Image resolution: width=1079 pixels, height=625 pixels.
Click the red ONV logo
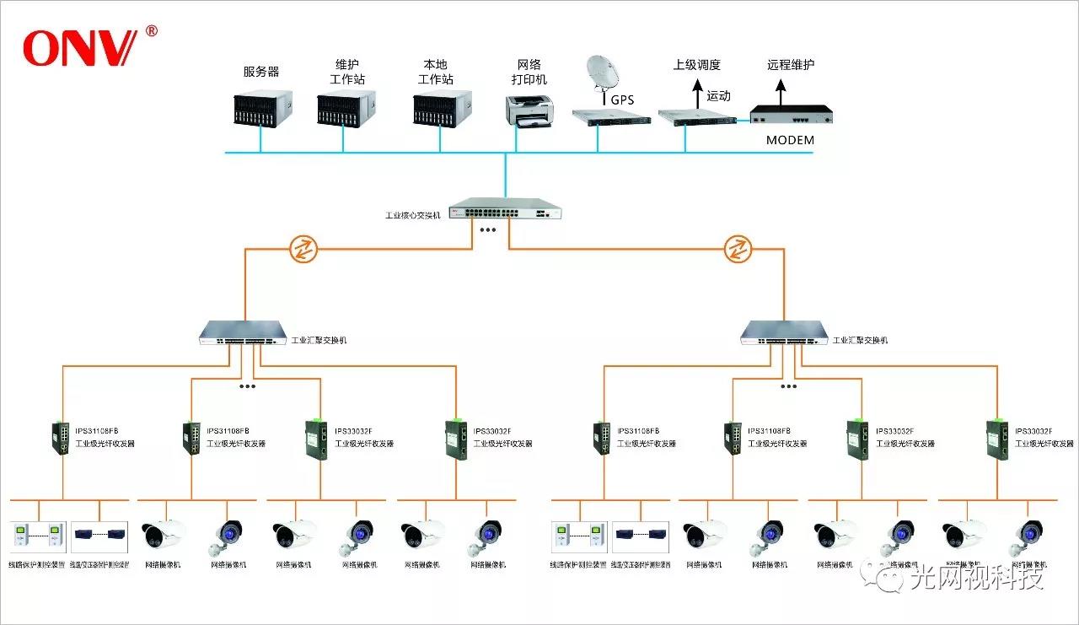coord(79,48)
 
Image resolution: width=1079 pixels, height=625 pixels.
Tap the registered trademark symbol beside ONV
coord(152,31)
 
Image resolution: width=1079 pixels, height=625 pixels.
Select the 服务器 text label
coord(261,72)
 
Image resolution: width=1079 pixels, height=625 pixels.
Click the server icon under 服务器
coord(261,109)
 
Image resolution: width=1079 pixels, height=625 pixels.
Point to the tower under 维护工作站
coord(346,109)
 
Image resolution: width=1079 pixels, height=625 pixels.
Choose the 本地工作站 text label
coord(436,72)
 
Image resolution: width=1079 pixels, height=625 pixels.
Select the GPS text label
coord(622,100)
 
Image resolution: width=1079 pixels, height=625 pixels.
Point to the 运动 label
coord(718,96)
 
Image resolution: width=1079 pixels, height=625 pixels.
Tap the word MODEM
coord(790,140)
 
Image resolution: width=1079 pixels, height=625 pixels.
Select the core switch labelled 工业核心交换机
coord(504,208)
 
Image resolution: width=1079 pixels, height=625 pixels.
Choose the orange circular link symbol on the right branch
coord(738,249)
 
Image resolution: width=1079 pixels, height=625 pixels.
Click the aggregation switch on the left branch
coord(244,333)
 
